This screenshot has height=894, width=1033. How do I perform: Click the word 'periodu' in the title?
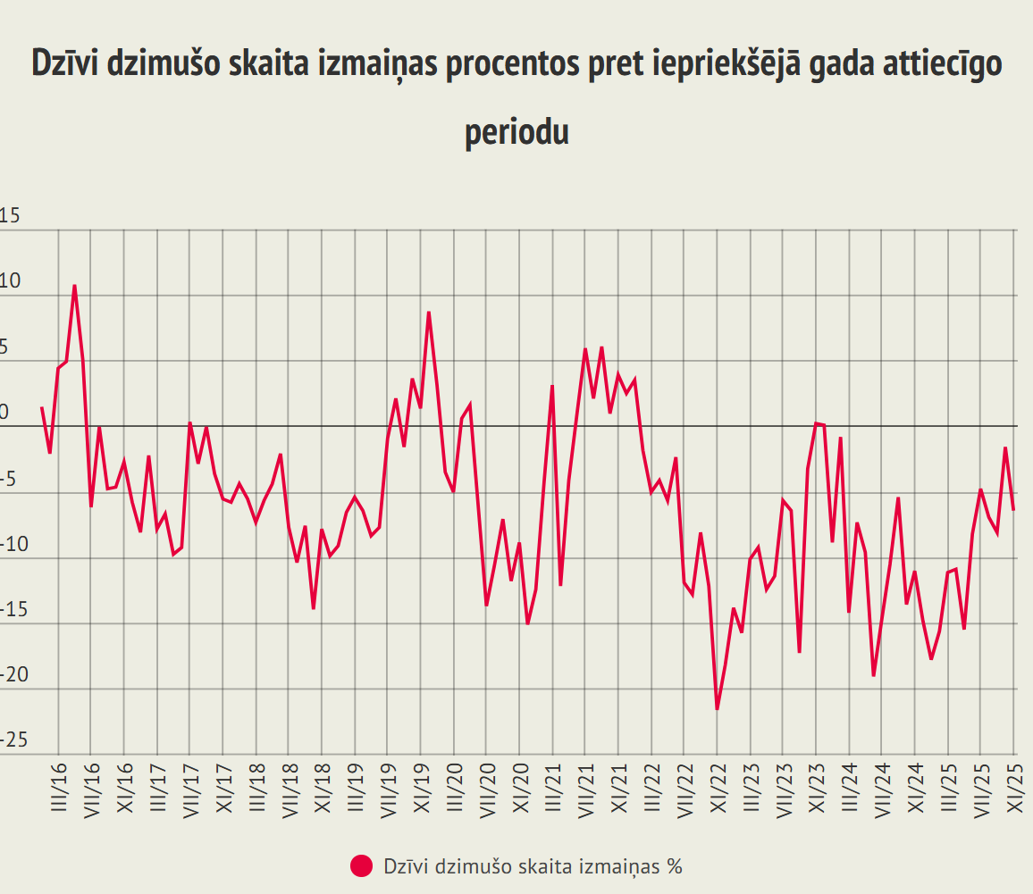tap(516, 133)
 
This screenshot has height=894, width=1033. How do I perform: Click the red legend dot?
tap(362, 865)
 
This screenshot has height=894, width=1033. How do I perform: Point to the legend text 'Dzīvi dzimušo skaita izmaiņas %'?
tap(533, 865)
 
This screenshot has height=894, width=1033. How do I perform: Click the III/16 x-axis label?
tap(59, 787)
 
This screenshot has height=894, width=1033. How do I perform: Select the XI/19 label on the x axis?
tap(420, 787)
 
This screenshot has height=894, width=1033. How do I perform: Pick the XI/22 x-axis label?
tap(717, 787)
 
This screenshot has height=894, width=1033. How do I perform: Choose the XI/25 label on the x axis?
tap(1014, 787)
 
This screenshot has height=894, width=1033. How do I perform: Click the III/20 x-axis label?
tap(453, 787)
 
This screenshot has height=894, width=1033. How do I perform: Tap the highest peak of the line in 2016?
tap(75, 286)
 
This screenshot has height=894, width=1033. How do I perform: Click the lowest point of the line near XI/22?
tap(717, 709)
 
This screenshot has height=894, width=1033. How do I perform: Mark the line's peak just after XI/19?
tap(429, 312)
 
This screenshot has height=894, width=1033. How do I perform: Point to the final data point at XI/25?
tap(1013, 510)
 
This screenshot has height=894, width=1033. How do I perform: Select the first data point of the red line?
tap(42, 407)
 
